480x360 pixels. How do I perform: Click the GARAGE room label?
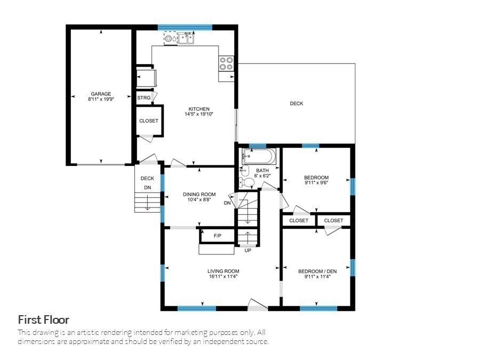point(100,94)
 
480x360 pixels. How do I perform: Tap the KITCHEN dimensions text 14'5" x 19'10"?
point(199,114)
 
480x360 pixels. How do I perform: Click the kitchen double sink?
point(186,38)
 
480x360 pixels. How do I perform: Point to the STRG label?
point(143,98)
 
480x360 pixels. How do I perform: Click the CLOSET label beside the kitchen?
point(149,121)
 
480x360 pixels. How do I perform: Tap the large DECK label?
point(297,103)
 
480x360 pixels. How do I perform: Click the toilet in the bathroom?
point(247,183)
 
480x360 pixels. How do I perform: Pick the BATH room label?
point(262,170)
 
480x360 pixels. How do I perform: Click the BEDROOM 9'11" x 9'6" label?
point(316,178)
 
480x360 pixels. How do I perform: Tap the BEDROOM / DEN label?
point(317,271)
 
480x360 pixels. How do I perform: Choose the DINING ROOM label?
point(199,194)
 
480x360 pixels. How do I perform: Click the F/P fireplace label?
point(218,235)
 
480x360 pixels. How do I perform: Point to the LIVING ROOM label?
point(223,271)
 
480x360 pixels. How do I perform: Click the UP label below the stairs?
point(247,250)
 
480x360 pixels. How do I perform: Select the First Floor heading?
point(44,320)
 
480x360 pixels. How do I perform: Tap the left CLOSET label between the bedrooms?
point(299,220)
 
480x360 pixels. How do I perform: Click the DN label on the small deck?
point(147,188)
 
